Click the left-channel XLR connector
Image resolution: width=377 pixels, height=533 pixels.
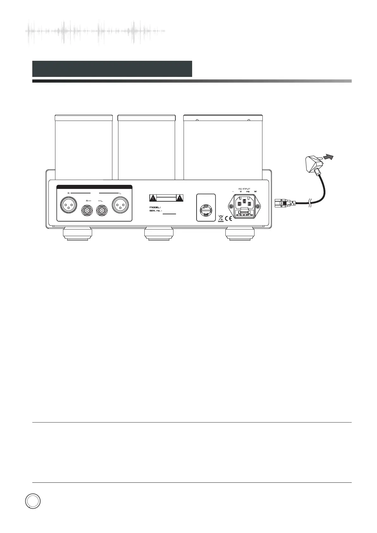point(120,206)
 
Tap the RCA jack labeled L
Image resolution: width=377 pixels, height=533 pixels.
point(102,210)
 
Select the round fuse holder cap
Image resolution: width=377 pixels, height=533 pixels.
point(206,210)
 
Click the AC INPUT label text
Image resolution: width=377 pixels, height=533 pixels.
point(244,189)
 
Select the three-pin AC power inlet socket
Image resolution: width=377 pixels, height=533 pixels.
point(244,203)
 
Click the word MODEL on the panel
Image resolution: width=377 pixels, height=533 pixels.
point(155,207)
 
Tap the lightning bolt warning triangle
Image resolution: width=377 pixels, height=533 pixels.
point(153,198)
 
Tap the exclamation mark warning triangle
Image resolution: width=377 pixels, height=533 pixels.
point(180,198)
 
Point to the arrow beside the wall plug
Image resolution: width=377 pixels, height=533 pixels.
point(330,156)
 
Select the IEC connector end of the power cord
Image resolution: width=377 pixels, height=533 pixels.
point(282,203)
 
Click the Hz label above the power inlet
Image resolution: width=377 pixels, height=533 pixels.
point(248,192)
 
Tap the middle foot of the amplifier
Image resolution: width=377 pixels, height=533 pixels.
point(159,234)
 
